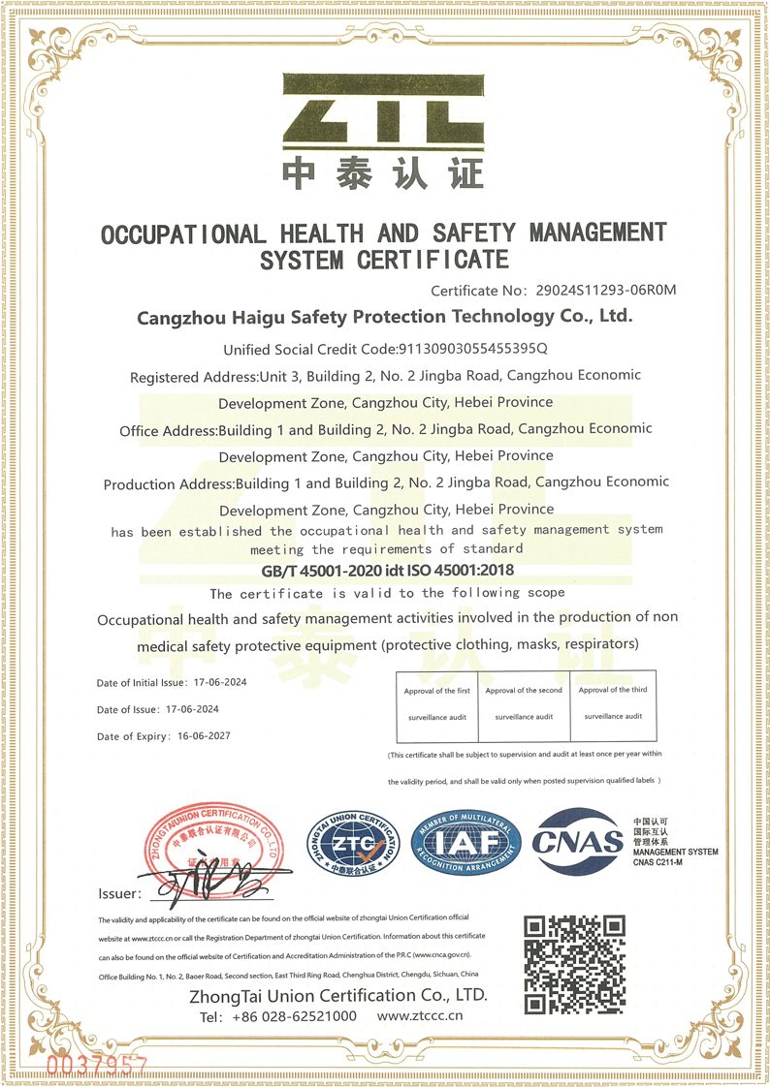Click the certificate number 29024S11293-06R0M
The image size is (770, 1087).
tap(599, 290)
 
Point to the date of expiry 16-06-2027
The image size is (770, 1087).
tap(205, 736)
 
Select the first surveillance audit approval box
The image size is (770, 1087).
tap(436, 703)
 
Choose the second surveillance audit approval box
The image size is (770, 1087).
tap(524, 703)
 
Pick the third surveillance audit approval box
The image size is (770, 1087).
tap(613, 703)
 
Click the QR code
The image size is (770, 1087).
tap(574, 963)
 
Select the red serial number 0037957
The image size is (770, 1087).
tap(96, 1064)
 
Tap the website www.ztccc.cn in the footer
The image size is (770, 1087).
tap(420, 1016)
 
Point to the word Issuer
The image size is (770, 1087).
tap(119, 893)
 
